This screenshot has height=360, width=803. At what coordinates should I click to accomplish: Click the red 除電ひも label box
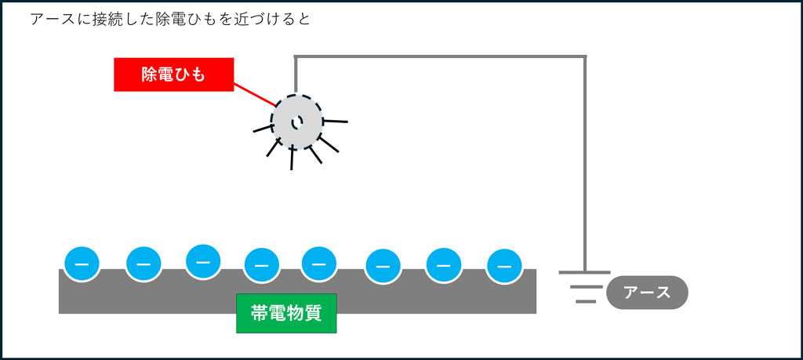pos(173,75)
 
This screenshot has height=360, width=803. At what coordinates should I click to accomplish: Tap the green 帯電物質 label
pos(286,314)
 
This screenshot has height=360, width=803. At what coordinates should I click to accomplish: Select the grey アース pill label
pos(647,293)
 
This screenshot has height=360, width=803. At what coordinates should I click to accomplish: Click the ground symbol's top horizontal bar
pos(585,272)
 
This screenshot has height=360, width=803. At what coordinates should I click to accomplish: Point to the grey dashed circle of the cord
pos(296,122)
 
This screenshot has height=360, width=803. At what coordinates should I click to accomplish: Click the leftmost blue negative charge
pos(82,264)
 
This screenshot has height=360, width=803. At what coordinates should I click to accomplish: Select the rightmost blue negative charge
pos(504,267)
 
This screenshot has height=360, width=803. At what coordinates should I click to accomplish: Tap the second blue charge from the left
pos(144,264)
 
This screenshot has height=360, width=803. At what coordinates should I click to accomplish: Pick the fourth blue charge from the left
pos(262,266)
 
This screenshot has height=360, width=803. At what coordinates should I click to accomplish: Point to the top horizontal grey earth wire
pos(441,56)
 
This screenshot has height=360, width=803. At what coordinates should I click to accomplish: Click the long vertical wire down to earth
pos(585,164)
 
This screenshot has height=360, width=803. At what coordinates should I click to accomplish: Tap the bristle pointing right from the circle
pos(336,122)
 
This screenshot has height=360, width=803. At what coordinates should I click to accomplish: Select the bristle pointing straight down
pos(292,158)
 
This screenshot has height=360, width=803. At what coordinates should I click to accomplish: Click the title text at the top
pos(170,20)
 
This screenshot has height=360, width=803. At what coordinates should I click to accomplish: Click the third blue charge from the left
pos(203,262)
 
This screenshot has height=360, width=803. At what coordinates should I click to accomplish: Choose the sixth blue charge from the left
pos(383,267)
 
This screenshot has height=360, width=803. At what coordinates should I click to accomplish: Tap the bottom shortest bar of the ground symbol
pos(585,302)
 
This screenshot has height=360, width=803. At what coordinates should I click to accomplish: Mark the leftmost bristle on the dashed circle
pos(263,128)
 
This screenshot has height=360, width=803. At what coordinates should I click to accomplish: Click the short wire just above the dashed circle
pos(296,75)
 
